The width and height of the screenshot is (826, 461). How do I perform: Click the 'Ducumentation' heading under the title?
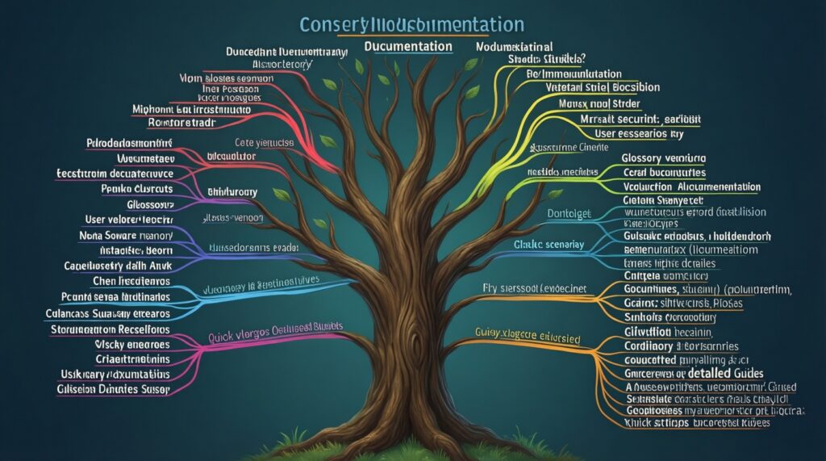point(408,46)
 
